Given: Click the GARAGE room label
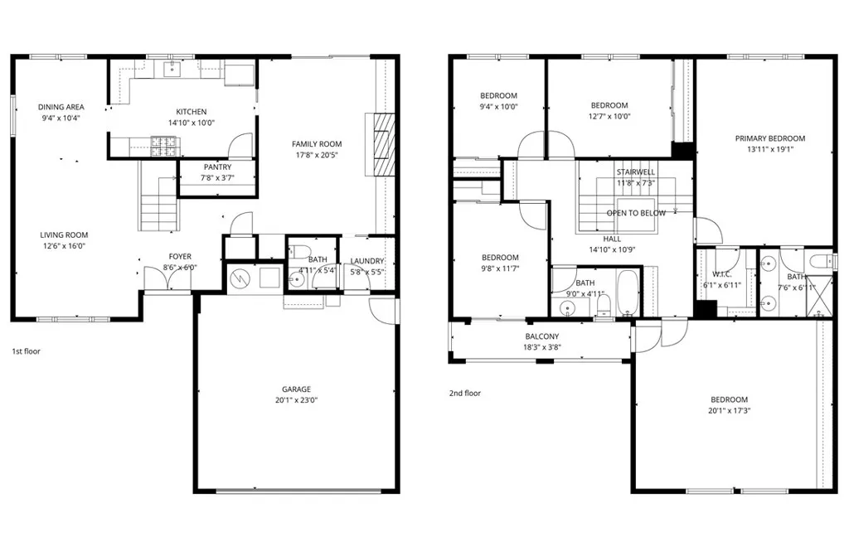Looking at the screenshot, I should coord(296,389).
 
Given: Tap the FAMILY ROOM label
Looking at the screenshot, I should coord(317,143).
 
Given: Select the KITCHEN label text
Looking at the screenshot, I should coord(191,112).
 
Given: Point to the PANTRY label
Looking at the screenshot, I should coord(217,167).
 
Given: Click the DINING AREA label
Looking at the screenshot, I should coord(61,107).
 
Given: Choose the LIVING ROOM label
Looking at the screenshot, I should coord(64,234).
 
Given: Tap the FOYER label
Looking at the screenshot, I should coord(180,256).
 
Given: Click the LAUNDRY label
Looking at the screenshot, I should coord(366,261).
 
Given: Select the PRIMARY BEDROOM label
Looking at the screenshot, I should coord(769,138).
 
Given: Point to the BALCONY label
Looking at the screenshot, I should coord(541,336).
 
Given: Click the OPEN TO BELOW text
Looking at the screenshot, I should coord(636,213).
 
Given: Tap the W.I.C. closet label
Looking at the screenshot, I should coord(721,274).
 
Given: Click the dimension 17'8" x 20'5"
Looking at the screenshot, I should coord(317,155).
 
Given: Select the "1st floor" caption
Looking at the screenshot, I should coord(26,351).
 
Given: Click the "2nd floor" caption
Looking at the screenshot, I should coord(464,394).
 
